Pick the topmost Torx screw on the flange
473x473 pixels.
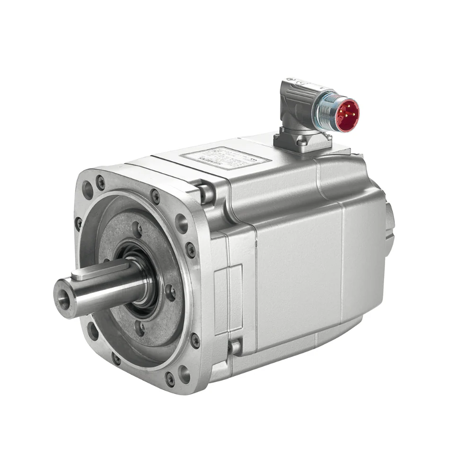point(101,179)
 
